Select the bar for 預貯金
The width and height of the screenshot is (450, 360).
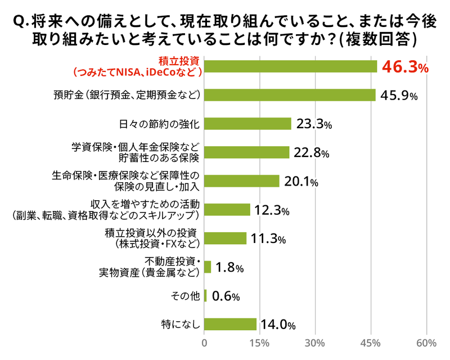[x=290, y=95]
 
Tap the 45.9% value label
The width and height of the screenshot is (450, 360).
[x=399, y=96]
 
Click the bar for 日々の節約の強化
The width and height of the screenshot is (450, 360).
[x=247, y=124]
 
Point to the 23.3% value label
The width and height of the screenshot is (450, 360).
[x=313, y=124]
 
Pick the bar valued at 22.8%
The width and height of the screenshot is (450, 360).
[x=246, y=152]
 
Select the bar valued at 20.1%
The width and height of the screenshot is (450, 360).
[x=241, y=181]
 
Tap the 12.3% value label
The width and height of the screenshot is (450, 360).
[x=271, y=210]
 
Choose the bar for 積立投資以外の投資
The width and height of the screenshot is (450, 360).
[x=225, y=238]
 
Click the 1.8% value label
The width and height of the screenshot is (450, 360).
[x=229, y=268]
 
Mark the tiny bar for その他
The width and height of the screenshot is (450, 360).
[x=205, y=296]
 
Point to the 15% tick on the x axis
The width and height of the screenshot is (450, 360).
[x=259, y=343]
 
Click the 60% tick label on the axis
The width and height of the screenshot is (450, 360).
[x=426, y=343]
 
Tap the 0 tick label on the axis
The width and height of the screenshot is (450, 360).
[x=204, y=343]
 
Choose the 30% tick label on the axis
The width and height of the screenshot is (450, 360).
[x=315, y=343]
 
